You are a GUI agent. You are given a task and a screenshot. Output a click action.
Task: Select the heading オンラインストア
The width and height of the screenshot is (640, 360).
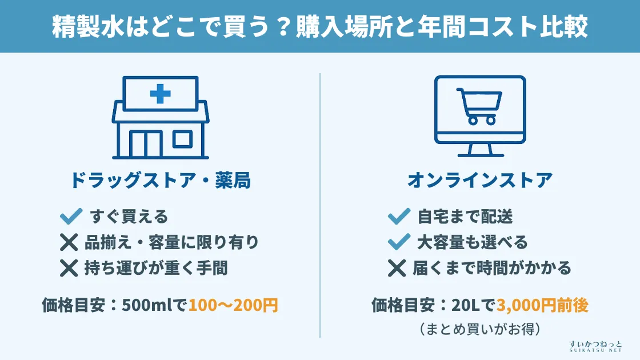[480, 181]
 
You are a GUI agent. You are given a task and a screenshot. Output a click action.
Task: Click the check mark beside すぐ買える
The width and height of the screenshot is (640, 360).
[71, 217]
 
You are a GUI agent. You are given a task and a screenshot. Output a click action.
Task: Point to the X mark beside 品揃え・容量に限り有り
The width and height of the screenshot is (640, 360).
[69, 242]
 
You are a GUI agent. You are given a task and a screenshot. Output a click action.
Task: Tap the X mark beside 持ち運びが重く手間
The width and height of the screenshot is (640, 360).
[69, 267]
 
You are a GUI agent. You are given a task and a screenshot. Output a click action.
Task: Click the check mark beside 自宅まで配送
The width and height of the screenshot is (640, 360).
[399, 217]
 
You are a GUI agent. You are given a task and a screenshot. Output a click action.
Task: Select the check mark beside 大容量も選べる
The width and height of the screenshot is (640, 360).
[399, 242]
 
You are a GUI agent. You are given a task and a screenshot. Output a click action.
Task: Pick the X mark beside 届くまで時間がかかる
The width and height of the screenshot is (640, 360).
[397, 267]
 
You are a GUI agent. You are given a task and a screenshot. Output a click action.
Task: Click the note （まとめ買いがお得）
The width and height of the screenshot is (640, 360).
[480, 329]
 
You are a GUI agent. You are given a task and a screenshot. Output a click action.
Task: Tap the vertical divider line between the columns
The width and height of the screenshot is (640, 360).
[320, 206]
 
